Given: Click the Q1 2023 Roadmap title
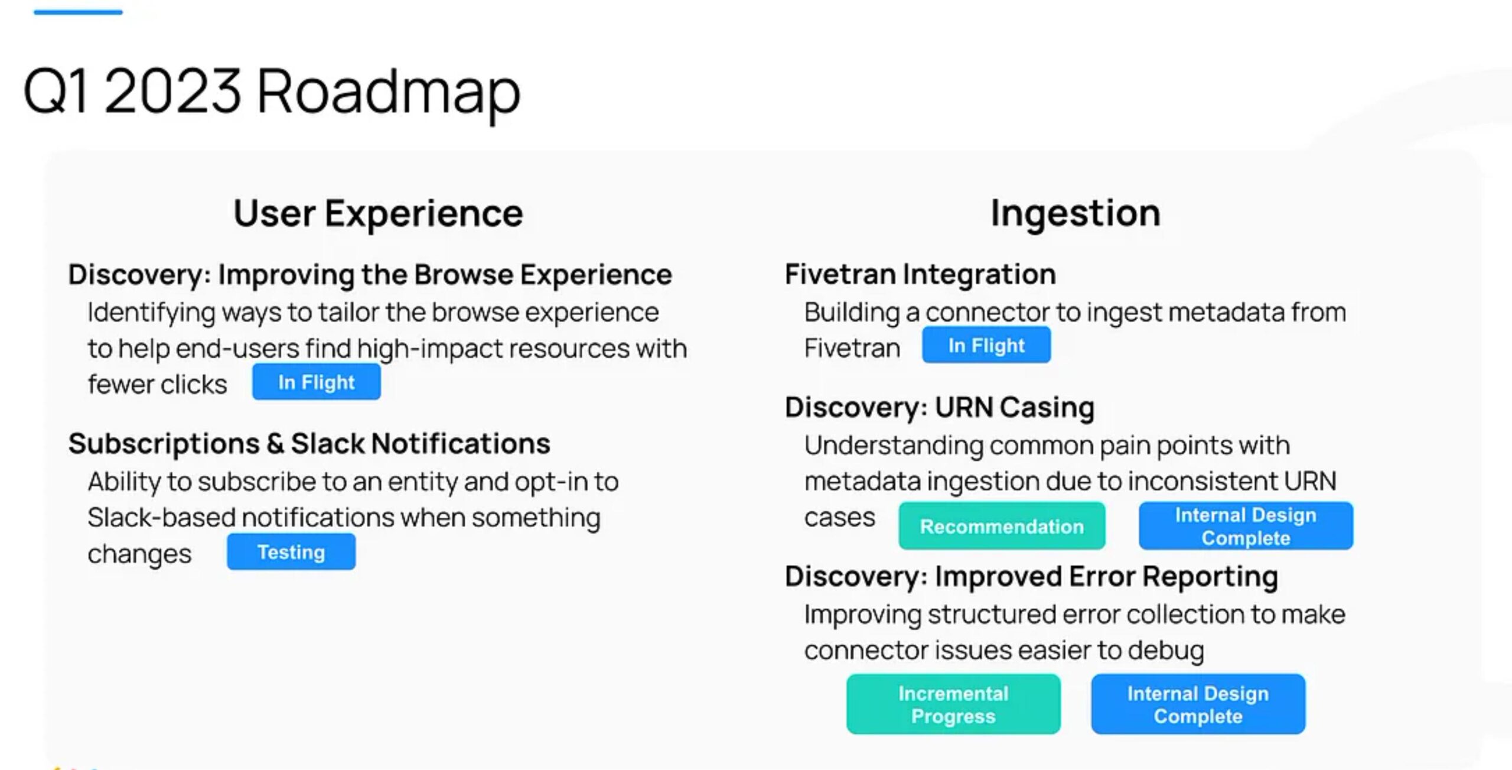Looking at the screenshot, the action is [272, 92].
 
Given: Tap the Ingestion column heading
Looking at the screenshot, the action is [1076, 214].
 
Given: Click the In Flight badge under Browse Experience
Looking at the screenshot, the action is [317, 382].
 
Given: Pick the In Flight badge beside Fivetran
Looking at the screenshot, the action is [986, 345].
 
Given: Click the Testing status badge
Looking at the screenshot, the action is [291, 552].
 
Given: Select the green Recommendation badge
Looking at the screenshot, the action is [1002, 526].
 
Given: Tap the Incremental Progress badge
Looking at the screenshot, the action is [953, 704].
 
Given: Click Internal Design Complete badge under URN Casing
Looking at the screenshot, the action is [1246, 526].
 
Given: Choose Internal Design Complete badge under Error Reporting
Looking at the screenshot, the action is [1198, 704].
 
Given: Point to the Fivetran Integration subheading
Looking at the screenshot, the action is [920, 274].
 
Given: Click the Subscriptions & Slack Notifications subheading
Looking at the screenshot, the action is [309, 443].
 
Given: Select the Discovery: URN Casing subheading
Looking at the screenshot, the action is [940, 408].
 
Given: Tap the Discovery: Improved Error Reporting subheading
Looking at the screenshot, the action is [1031, 577].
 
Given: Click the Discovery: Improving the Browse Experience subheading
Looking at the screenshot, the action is [370, 275].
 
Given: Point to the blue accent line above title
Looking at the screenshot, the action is [78, 12].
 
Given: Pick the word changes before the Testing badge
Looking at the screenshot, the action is [139, 554].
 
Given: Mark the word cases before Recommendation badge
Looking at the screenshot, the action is [839, 518].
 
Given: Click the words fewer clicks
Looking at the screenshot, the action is [157, 384].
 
